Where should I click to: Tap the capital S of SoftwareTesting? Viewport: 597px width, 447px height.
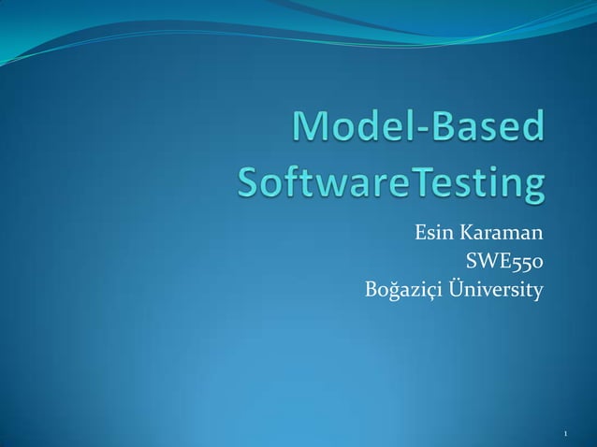tap(248, 185)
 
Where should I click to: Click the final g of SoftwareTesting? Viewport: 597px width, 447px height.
tap(529, 191)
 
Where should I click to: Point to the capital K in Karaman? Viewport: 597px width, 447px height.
tap(467, 231)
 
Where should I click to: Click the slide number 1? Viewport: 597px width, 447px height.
tap(566, 435)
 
